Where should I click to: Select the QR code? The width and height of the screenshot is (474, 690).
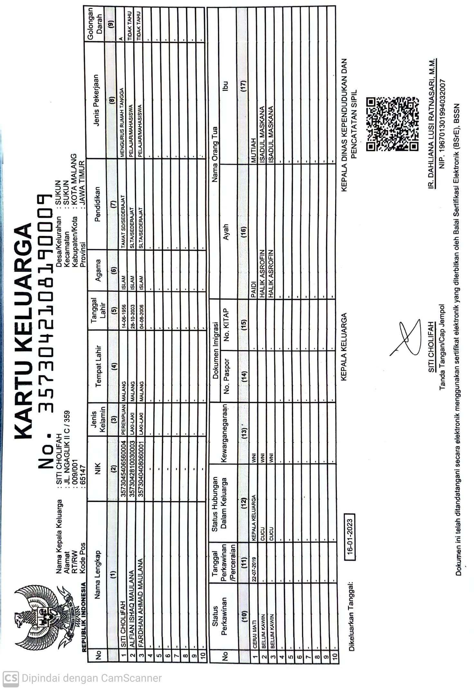tap(393, 124)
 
